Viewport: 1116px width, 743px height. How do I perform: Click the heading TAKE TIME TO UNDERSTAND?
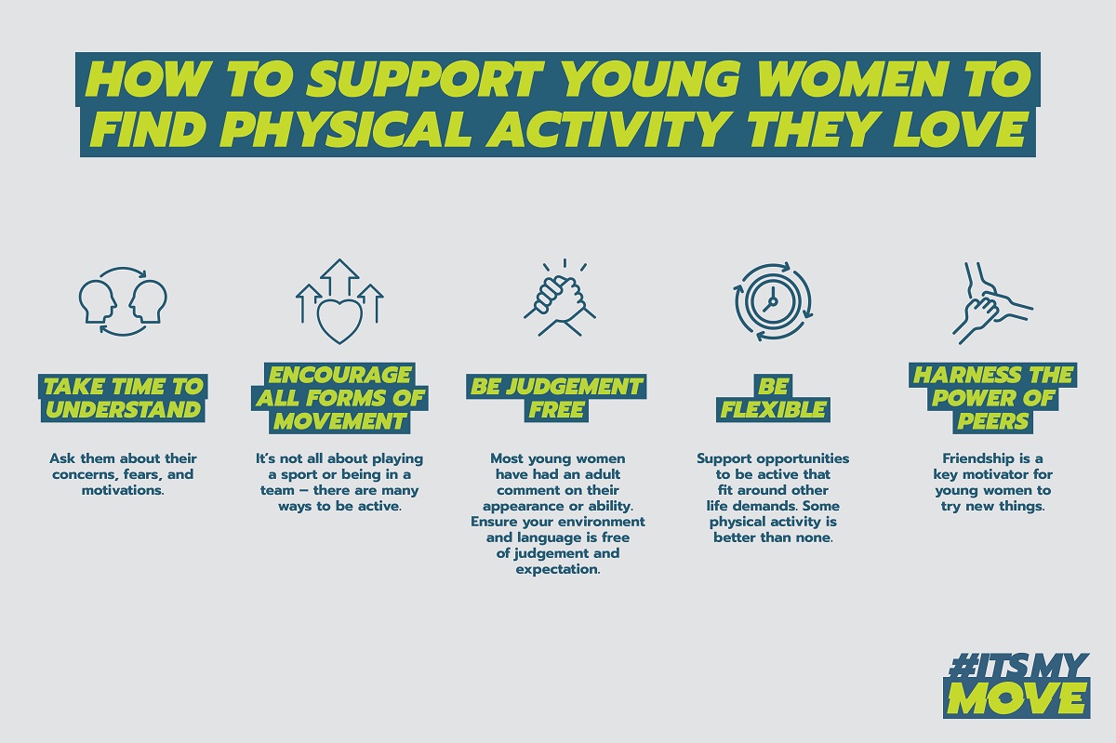[123, 398]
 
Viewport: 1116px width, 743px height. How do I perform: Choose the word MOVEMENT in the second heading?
[339, 421]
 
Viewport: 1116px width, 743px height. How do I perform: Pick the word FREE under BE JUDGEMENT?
[556, 409]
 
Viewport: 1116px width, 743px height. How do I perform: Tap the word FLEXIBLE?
[773, 409]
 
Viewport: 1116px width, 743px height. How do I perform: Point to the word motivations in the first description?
[123, 490]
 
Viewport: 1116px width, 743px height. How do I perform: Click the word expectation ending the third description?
[558, 569]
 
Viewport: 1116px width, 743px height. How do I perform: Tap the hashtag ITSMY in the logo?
[1016, 667]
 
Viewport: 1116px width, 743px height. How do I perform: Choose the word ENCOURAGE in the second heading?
[339, 375]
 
